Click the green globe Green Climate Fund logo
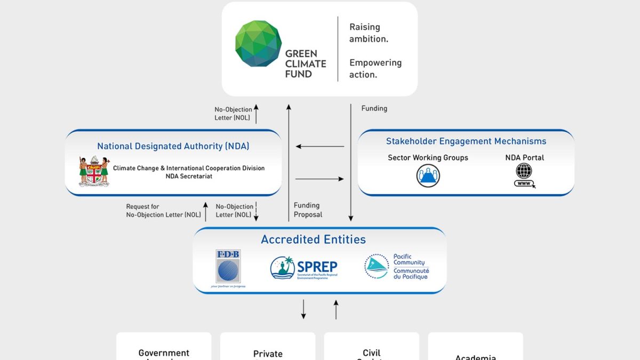point(258,44)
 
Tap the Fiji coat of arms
point(94,171)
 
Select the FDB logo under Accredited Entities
point(228,267)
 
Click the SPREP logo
point(304,268)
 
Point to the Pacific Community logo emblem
point(377,267)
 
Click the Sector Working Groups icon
point(428,175)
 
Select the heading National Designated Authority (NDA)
point(173,146)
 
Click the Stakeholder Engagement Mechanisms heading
point(466,141)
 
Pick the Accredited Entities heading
point(313,239)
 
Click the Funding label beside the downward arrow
point(374,108)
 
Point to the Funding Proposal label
point(308,210)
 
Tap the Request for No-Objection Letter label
point(163,211)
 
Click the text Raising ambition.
point(369,33)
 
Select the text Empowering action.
point(375,68)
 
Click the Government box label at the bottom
point(164,353)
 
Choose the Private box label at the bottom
point(268,354)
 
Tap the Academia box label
point(476,356)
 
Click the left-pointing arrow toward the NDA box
point(320,146)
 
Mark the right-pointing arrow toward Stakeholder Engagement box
point(319,179)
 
